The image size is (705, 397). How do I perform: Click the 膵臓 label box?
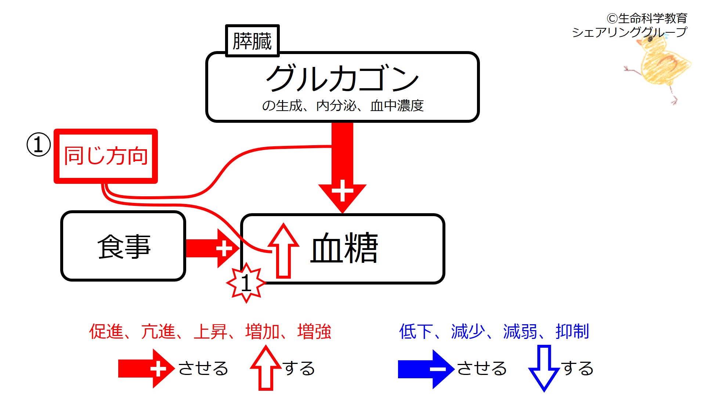252,41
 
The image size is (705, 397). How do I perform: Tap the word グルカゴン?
342,78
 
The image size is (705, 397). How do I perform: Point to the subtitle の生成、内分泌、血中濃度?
343,106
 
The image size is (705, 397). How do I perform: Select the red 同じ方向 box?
106,156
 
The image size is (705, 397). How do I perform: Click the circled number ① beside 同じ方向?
39,145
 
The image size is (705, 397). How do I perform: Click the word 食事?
124,246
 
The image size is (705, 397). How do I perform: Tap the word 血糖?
344,248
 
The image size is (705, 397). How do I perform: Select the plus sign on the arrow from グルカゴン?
342,190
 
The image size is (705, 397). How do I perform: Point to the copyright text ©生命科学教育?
647,18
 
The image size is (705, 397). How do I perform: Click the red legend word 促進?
106,332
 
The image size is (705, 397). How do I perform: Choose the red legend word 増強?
314,332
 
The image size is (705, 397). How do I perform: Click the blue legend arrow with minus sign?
426,369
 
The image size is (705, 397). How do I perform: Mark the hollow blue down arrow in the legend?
544,368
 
